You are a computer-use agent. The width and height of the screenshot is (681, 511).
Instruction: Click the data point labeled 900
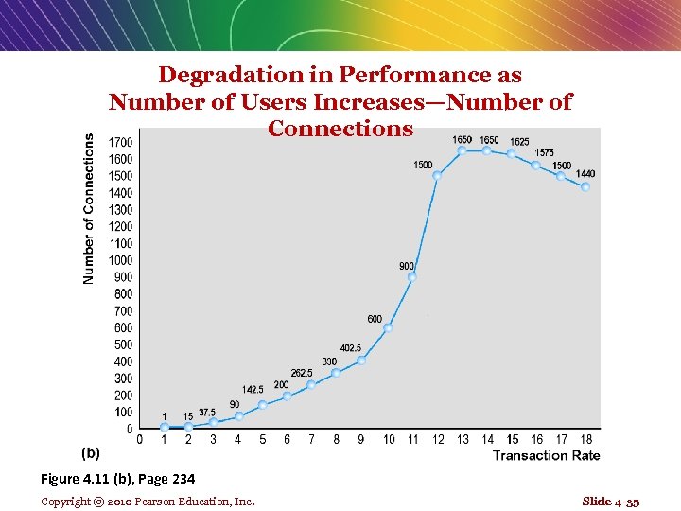[x=412, y=277]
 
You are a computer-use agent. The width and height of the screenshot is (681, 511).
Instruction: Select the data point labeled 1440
[x=585, y=187]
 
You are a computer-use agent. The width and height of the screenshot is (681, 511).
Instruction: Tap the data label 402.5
[x=351, y=348]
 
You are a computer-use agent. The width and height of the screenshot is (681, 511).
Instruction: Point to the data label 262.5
[x=302, y=373]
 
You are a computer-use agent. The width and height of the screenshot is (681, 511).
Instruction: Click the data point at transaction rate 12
[x=437, y=175]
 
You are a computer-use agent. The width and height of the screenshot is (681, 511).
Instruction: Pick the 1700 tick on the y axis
[x=121, y=142]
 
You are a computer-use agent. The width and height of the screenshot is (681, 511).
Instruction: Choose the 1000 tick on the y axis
[x=121, y=260]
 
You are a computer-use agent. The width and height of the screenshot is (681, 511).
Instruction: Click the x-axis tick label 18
[x=586, y=439]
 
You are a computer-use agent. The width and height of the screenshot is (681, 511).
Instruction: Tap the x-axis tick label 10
[x=389, y=439]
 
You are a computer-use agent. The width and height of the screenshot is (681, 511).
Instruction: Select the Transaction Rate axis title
[x=546, y=456]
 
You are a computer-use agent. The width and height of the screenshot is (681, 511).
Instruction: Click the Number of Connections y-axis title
[x=89, y=208]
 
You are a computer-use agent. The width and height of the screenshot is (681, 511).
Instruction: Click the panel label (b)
[x=90, y=453]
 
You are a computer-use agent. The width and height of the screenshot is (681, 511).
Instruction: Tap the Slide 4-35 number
[x=610, y=501]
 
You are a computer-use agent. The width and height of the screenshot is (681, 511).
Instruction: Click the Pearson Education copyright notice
[x=148, y=501]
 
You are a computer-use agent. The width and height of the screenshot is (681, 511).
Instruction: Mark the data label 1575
[x=545, y=152]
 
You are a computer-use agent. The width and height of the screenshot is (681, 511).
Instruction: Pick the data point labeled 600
[x=388, y=327]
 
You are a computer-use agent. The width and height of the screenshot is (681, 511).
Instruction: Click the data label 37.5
[x=207, y=413]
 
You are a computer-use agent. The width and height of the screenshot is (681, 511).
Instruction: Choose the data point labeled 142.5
[x=262, y=405]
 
